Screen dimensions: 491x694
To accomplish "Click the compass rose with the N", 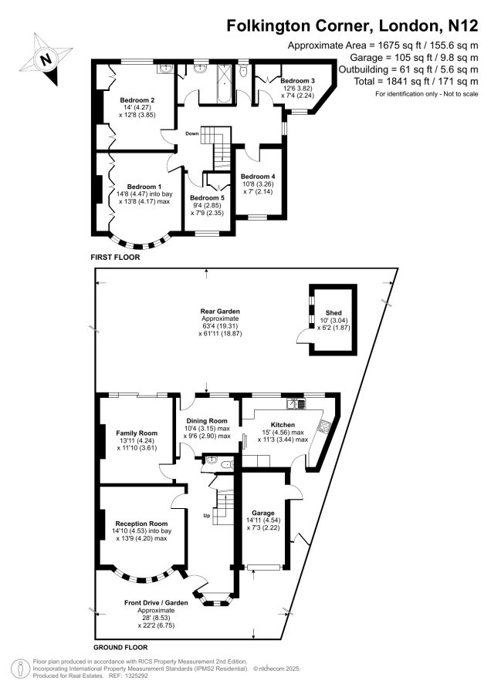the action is (x=46, y=59).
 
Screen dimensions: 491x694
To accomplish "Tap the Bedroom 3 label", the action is (x=297, y=81).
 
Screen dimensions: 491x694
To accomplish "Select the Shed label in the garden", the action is (x=334, y=313).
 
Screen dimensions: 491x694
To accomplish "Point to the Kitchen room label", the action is (x=283, y=425).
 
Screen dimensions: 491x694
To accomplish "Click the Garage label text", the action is (x=263, y=513).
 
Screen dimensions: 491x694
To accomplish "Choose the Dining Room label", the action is (x=206, y=421).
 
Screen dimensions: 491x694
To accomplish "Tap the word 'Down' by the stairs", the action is (x=192, y=133).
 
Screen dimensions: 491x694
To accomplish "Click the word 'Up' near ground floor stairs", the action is (x=206, y=515).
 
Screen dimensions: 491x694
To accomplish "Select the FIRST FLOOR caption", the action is (x=115, y=257).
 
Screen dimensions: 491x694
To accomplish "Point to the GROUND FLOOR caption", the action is (x=120, y=647).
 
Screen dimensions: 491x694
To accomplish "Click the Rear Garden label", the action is (x=220, y=312).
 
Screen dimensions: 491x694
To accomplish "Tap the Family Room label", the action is (x=137, y=433).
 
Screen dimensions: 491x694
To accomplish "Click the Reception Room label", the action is (x=141, y=524).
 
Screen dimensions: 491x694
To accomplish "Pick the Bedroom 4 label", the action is (x=258, y=176).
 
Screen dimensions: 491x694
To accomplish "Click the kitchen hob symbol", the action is (x=324, y=426).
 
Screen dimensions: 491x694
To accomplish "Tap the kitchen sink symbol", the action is (x=296, y=403).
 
